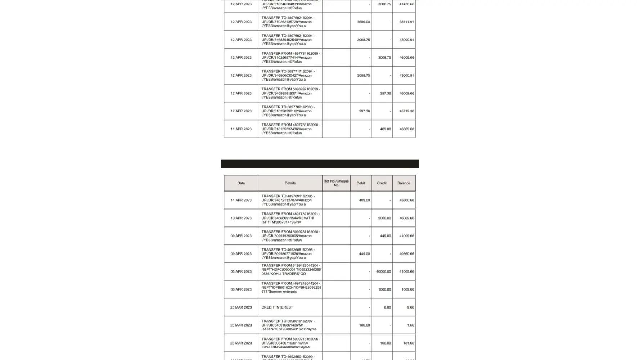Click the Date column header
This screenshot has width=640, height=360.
pos(241,183)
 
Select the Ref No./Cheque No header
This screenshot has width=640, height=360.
pos(336,183)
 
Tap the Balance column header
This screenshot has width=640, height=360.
pos(404,183)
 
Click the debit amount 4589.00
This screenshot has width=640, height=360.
pos(363,22)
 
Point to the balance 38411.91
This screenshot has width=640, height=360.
pos(406,22)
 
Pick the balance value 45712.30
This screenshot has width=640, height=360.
pos(406,111)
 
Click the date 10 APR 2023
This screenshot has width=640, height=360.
pos(241,218)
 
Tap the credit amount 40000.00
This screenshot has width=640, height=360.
pos(383,272)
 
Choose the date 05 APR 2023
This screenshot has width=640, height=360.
pos(241,272)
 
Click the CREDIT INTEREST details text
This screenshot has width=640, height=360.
pos(277,307)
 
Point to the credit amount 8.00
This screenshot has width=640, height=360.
pos(387,307)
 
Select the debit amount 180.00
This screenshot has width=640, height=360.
pos(364,325)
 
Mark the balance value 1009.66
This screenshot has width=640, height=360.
pos(407,289)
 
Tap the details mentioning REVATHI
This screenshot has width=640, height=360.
pos(290,218)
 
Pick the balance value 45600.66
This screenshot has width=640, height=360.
pos(406,200)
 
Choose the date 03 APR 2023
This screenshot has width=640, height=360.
pos(241,289)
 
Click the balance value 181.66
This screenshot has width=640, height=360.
pos(408,343)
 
